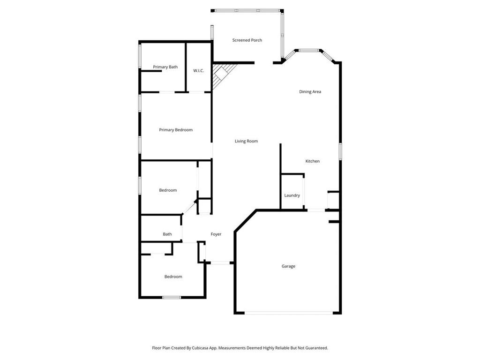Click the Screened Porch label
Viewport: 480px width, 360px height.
click(x=247, y=40)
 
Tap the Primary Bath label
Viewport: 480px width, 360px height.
click(x=165, y=67)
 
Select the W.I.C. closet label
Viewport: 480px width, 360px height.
click(x=198, y=71)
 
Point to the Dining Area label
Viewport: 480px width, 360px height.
click(x=310, y=91)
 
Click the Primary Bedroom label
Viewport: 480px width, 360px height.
click(x=176, y=130)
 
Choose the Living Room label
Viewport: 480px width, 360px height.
click(x=246, y=141)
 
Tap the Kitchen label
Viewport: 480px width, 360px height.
click(x=313, y=161)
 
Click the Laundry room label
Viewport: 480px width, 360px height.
click(x=292, y=195)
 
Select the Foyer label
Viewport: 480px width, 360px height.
click(x=216, y=234)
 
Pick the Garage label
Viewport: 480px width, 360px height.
click(x=288, y=266)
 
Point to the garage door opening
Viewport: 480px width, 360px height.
click(x=288, y=313)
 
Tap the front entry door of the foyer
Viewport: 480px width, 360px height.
click(x=220, y=262)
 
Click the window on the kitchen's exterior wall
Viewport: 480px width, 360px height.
click(x=340, y=151)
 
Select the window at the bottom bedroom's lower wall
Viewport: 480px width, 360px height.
click(x=172, y=297)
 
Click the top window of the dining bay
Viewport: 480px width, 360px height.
click(x=309, y=50)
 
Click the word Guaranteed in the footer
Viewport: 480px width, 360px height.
click(x=317, y=348)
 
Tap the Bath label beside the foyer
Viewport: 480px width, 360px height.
click(x=167, y=234)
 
